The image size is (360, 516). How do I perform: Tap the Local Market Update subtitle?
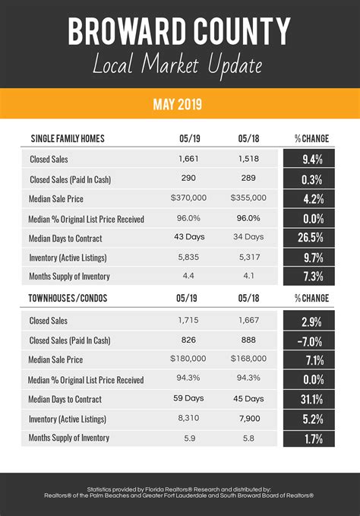pos(179,65)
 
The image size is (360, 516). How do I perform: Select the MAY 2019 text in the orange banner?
pos(179,103)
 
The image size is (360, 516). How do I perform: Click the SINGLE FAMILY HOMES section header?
pos(68,138)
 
